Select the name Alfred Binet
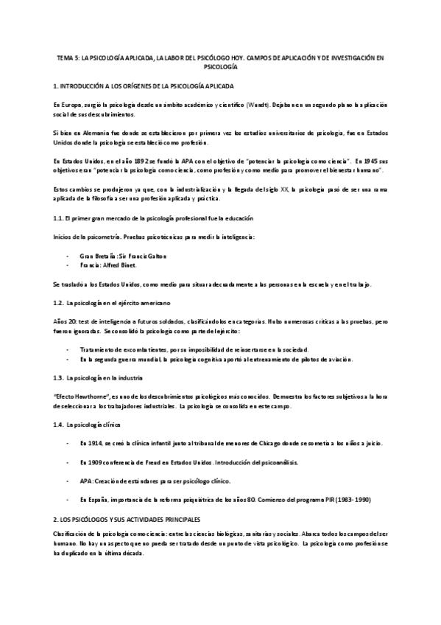pos(122,265)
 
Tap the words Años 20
pos(65,321)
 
